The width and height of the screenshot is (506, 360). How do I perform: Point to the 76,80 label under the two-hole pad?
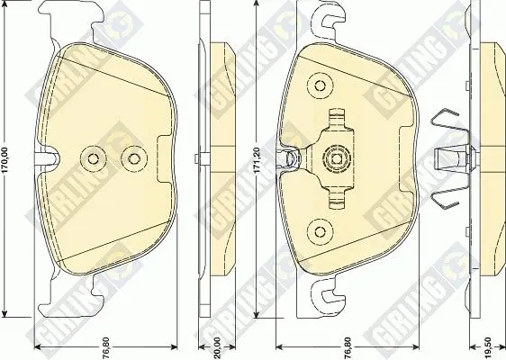tap(106, 348)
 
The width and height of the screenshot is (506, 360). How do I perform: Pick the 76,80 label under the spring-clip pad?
tap(348, 348)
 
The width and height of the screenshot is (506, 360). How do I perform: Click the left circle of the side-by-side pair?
tap(94, 158)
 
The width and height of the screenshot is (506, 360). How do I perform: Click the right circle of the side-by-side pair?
tap(134, 158)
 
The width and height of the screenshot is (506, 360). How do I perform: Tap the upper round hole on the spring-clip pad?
tap(321, 85)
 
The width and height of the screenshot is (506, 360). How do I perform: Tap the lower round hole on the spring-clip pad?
tap(321, 231)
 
